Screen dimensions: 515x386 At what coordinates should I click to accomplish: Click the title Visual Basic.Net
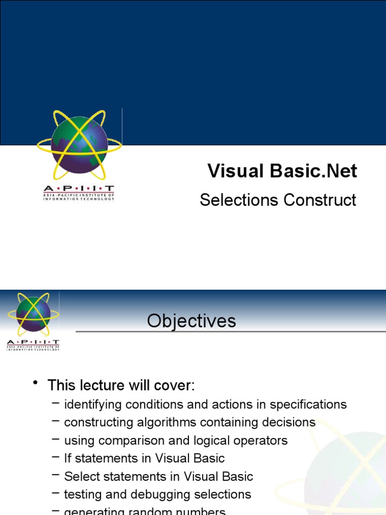(x=282, y=171)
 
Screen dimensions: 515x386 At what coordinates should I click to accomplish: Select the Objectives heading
(x=191, y=321)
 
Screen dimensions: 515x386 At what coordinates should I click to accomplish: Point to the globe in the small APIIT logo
(x=33, y=314)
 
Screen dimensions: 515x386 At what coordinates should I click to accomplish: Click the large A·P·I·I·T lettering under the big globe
(x=79, y=188)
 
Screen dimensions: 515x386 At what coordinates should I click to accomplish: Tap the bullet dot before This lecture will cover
(x=36, y=384)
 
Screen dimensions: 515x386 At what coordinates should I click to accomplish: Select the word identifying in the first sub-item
(x=93, y=404)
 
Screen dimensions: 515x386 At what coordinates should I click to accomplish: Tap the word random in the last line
(x=151, y=511)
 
